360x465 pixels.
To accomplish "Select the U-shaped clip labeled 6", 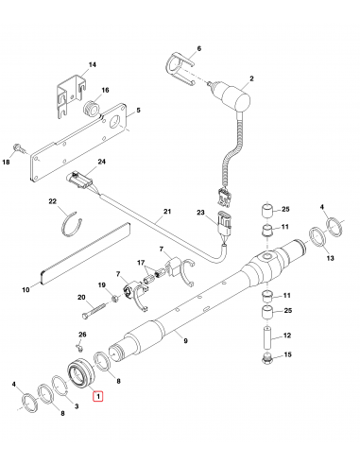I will click(179, 71).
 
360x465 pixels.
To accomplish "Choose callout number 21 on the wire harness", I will click(169, 211).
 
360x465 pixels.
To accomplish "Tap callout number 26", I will click(82, 335).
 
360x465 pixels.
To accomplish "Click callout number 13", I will click(330, 257).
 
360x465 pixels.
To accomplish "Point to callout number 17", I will click(142, 263).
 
